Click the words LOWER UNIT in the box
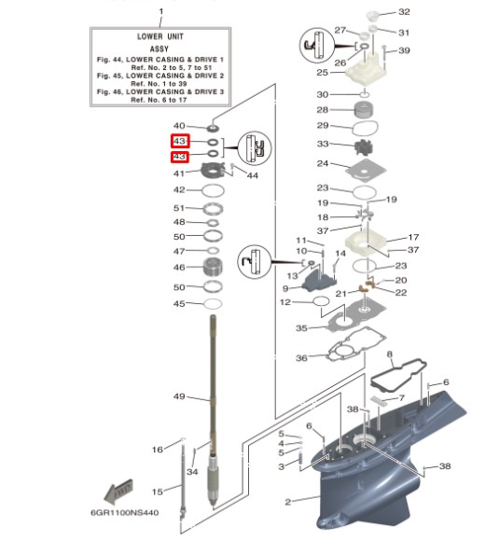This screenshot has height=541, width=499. pos(160,36)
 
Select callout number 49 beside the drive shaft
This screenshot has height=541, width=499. pos(180,396)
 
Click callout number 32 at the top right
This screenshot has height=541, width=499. pos(404,12)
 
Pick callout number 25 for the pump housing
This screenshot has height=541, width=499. pos(323,72)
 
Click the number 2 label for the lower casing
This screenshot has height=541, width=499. pos(288,502)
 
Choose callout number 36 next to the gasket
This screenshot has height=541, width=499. pos(301,359)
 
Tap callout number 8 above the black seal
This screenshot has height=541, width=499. pos(390,355)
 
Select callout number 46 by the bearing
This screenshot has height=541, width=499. pos(180,268)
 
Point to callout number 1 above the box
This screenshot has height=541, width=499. pos(160,10)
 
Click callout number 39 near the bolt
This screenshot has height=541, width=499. pos(404,50)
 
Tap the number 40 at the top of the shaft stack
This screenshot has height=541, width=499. pos(180,126)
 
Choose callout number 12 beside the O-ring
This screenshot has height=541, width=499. pos(285,302)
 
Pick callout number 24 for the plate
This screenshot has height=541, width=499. pos(323,164)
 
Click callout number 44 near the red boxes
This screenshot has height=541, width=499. pos(253,175)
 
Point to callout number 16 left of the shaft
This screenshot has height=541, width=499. pos(158,450)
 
